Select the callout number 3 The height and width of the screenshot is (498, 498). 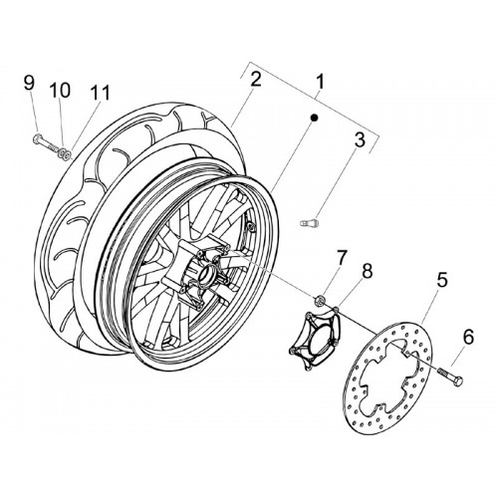pos(360,139)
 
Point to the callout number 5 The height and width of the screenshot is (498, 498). pos(442,280)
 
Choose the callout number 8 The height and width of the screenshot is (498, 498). pos(367,272)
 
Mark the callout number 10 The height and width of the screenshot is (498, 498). pos(60,91)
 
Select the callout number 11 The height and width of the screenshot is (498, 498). pos(101,93)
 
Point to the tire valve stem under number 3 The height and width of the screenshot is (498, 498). pos(309,222)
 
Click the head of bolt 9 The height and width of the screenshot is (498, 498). pos(37,139)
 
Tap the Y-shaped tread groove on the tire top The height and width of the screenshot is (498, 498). pos(208,117)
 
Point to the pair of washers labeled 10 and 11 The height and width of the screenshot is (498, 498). pos(65,153)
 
